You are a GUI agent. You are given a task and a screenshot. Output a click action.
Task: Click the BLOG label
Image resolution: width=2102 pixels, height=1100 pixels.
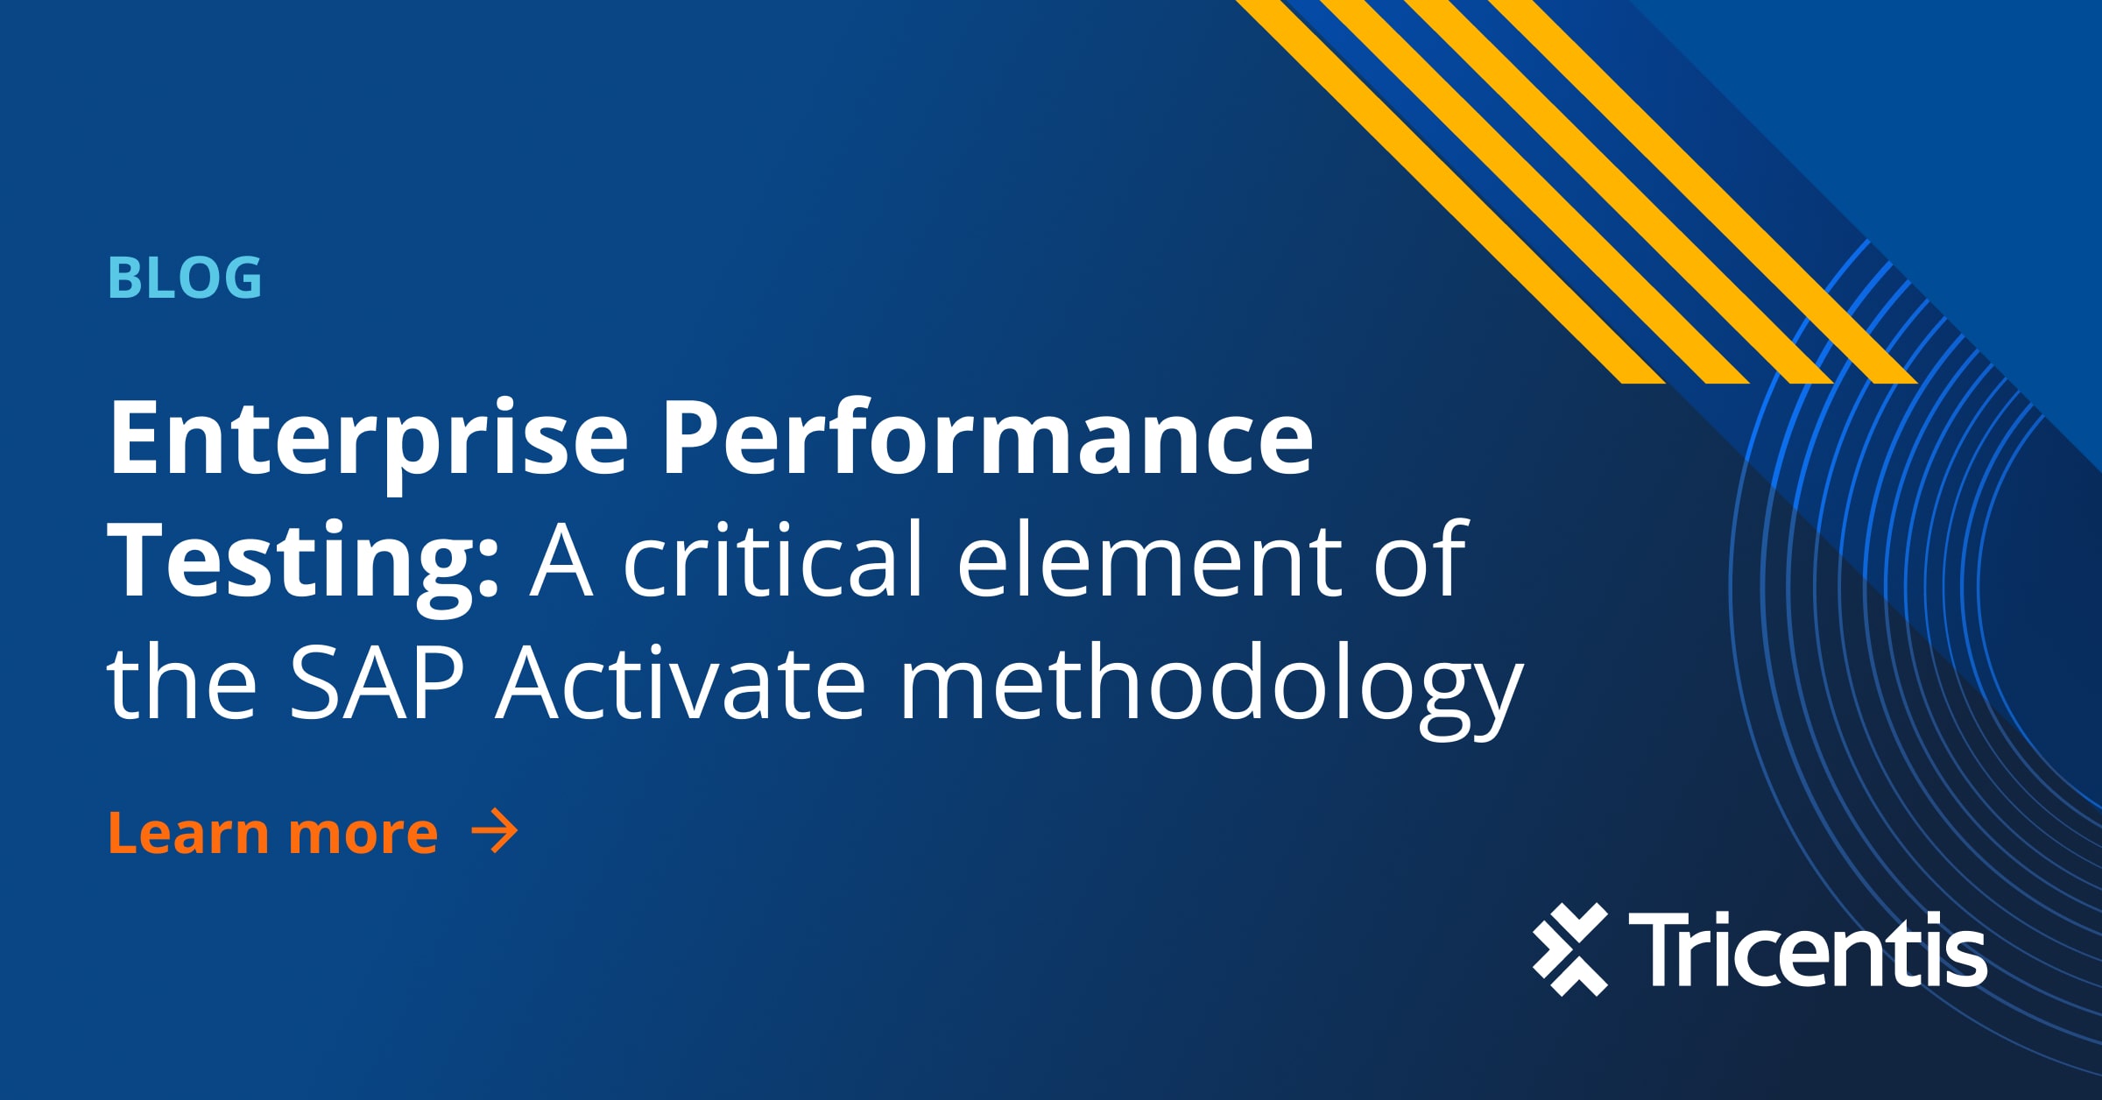tap(185, 279)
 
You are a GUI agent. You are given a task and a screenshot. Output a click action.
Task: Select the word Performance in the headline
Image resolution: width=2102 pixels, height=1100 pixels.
tap(986, 438)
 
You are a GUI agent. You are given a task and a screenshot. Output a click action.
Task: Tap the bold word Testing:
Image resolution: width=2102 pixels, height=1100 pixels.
tap(302, 561)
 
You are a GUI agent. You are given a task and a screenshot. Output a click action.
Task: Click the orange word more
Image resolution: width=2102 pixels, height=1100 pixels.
tap(363, 835)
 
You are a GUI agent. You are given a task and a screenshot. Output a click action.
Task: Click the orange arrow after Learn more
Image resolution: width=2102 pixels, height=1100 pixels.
tap(495, 831)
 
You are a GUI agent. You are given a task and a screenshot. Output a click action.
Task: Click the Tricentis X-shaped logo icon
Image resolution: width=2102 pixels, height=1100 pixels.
tap(1570, 949)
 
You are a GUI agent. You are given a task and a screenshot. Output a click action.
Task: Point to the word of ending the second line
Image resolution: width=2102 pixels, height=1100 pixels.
tap(1419, 561)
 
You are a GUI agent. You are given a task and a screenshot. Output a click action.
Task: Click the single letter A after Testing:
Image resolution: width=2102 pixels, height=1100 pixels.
tap(561, 561)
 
